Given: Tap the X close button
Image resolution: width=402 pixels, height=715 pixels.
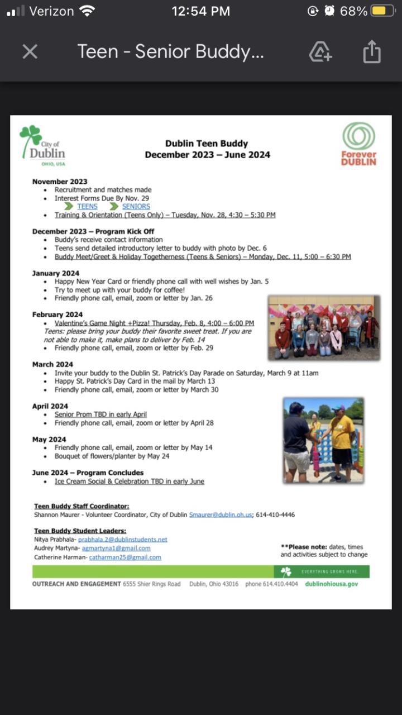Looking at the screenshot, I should [x=30, y=52].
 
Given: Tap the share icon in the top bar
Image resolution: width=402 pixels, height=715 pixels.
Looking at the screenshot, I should [x=371, y=52].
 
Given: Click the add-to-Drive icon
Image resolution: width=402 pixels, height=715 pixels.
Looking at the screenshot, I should [x=320, y=52].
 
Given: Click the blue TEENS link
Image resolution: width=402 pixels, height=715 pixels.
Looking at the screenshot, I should [x=87, y=207].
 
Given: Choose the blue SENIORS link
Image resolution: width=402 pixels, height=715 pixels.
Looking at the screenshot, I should [x=136, y=207].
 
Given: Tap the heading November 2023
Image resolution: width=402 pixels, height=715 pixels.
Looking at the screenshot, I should [x=60, y=182].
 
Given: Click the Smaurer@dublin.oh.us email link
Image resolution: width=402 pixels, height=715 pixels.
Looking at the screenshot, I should [x=221, y=514].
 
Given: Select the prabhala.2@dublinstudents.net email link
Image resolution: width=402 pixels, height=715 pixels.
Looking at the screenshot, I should [x=122, y=540].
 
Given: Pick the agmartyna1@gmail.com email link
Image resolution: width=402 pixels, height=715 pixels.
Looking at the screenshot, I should [x=116, y=549].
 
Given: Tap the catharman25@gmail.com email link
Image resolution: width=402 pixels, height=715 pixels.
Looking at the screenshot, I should [x=125, y=557].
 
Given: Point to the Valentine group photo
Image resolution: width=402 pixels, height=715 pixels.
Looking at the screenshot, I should [x=324, y=327].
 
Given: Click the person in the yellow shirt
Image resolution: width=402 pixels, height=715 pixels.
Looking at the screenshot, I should [x=342, y=438].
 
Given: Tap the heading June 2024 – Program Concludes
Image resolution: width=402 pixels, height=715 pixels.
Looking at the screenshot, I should [x=88, y=473].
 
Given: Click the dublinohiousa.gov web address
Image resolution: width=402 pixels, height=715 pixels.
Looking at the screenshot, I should [x=332, y=584].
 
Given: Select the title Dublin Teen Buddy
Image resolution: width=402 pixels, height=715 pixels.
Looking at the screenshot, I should [x=207, y=144].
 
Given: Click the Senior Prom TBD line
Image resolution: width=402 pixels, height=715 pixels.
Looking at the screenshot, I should [x=100, y=414].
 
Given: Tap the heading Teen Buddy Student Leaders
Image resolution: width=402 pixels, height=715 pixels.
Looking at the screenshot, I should [x=80, y=531].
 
